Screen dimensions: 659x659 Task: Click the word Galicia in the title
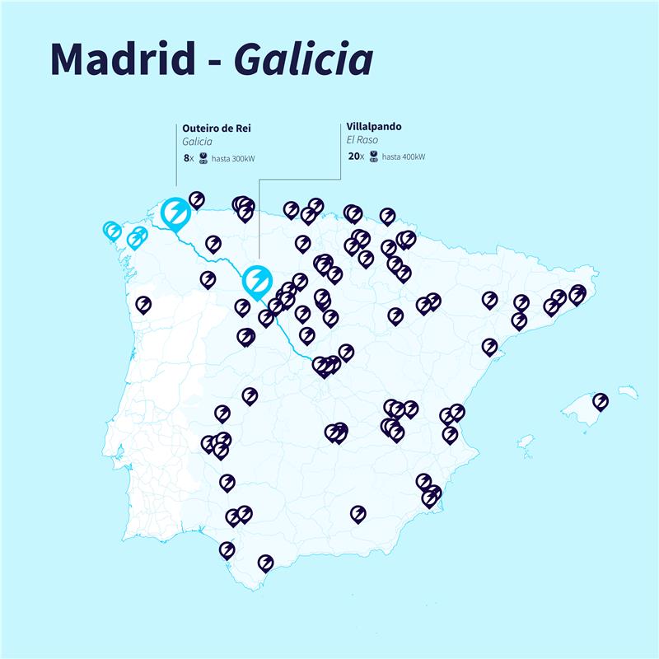(302, 58)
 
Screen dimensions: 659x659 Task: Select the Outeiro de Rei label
(218, 129)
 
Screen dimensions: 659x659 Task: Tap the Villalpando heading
(374, 129)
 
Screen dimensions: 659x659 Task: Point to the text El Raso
(362, 141)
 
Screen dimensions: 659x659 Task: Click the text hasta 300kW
(233, 158)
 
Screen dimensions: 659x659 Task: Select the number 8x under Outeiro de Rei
(189, 157)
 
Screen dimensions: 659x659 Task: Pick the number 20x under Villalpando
(356, 157)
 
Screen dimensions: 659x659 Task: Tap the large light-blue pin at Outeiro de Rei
(175, 212)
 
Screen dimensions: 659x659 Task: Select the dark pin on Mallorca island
(601, 401)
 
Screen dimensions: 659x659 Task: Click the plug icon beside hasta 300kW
(203, 158)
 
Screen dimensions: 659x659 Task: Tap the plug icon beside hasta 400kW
(374, 157)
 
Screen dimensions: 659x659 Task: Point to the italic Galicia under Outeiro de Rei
(198, 142)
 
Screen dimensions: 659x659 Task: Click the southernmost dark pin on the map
(265, 563)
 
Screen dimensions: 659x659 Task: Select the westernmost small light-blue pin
(111, 231)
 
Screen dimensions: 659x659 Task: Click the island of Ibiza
(526, 437)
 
